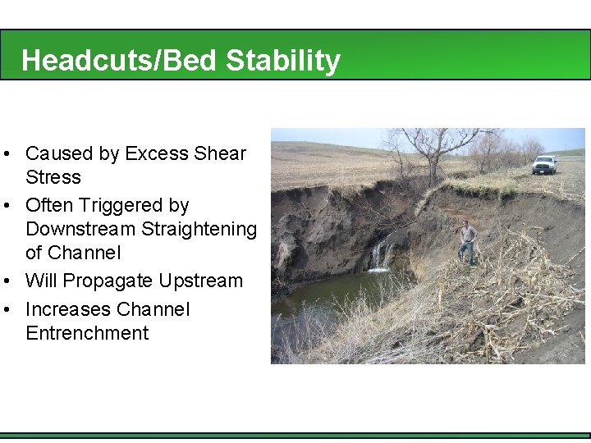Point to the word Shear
pos(220,153)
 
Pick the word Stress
pos(53,177)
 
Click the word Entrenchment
pos(87,333)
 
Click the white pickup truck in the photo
pos(543,164)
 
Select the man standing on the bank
pos(468,242)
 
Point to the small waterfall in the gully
pos(379,256)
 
